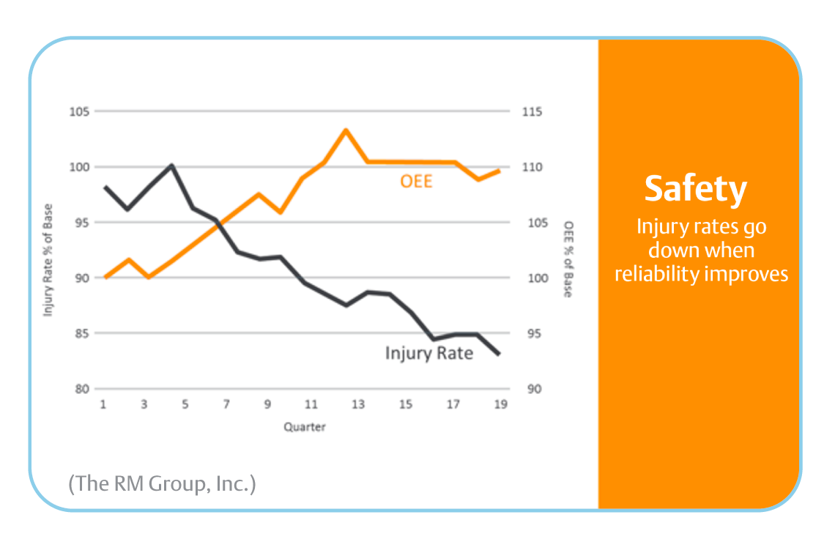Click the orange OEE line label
point(416,180)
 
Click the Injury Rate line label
point(429,353)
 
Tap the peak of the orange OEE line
point(345,130)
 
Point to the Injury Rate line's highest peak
point(171,165)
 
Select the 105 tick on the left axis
point(79,111)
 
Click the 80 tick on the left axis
point(81,389)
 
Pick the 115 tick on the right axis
point(532,111)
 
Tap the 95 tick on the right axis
point(532,333)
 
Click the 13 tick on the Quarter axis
point(357,404)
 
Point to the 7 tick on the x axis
point(226,404)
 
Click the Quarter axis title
point(305,426)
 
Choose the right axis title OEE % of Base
point(568,259)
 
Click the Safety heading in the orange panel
point(696,189)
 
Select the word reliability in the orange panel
point(656,274)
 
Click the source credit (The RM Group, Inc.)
point(162,483)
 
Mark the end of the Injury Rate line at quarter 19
point(500,354)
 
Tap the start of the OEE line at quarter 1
point(105,278)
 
